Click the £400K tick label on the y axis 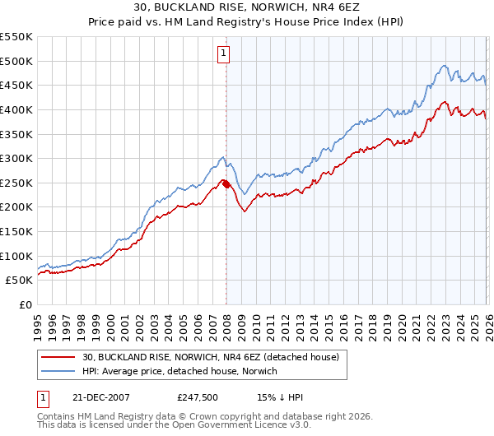pos(16,109)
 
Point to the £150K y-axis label pos(16,231)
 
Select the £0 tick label pos(26,304)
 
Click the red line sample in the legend pos(58,356)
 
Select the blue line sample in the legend pos(58,372)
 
